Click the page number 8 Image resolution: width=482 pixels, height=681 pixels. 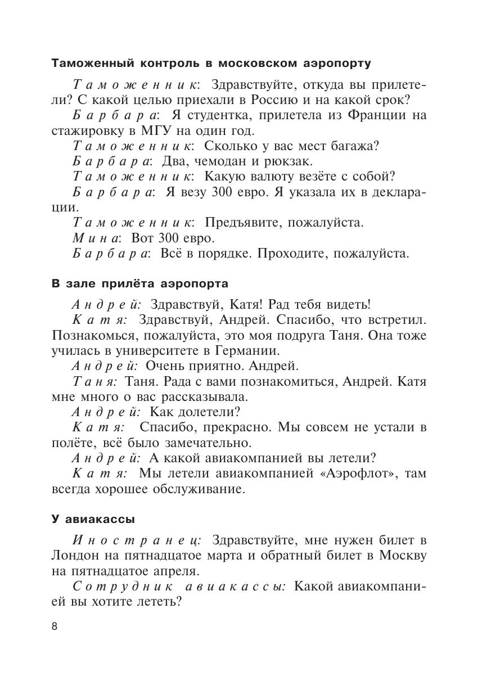(x=55, y=626)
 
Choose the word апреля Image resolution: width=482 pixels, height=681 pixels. (x=174, y=571)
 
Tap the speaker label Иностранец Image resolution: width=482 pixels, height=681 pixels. (x=137, y=540)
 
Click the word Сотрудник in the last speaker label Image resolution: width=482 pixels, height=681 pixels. (x=116, y=587)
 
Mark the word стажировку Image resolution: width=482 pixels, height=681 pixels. (x=88, y=131)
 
